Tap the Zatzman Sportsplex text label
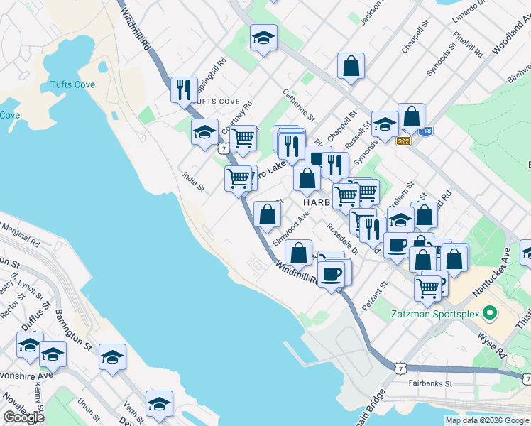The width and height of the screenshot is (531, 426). [x=432, y=312]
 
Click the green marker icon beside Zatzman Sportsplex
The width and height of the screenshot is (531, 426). [x=488, y=312]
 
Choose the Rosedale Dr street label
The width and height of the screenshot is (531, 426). [x=344, y=238]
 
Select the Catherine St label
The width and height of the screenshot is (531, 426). [x=298, y=103]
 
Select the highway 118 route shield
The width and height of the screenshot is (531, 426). [x=425, y=131]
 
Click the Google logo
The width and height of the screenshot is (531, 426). [x=23, y=417]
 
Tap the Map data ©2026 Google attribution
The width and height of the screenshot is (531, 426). [x=487, y=420]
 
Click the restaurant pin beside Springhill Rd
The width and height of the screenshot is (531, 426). [x=185, y=89]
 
